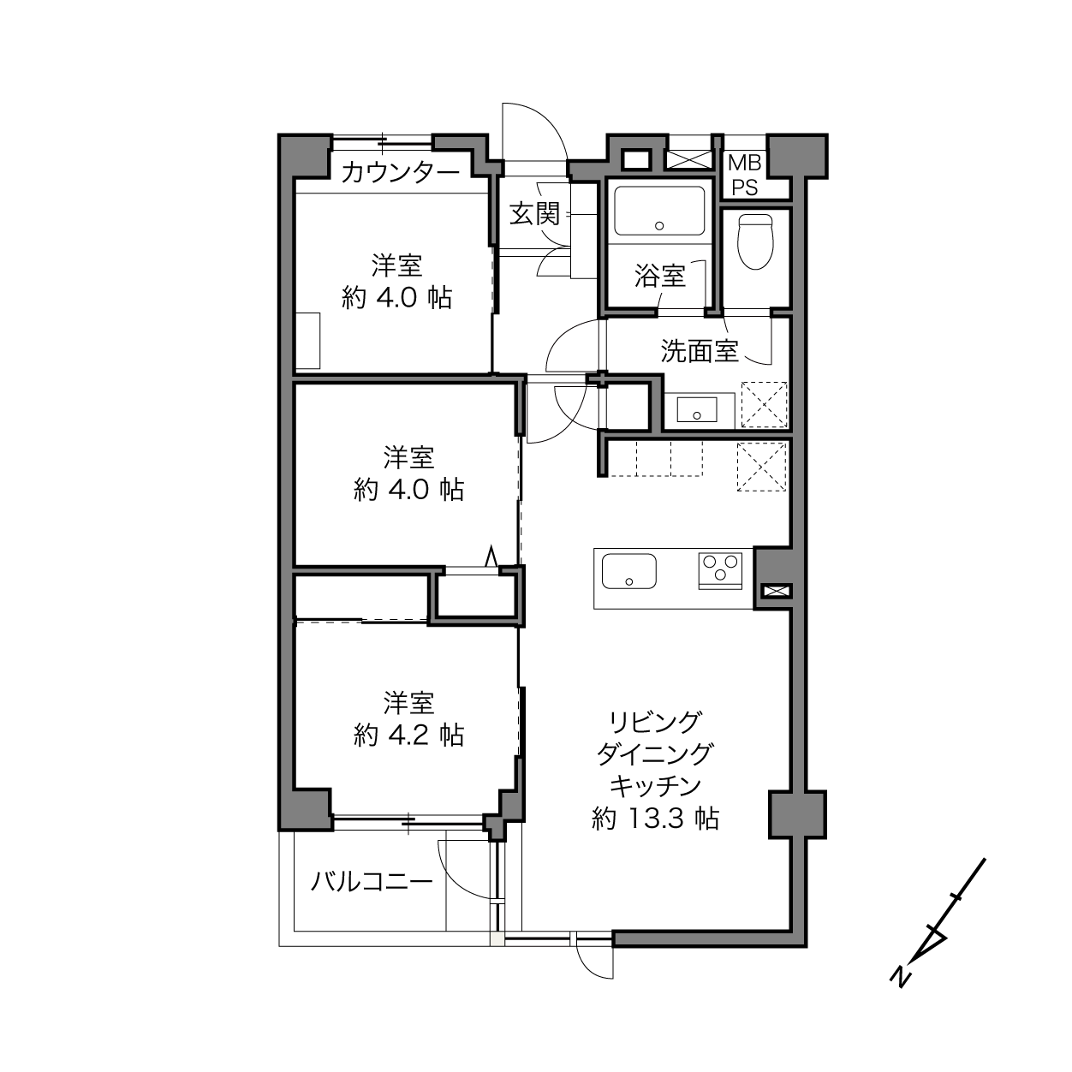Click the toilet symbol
pos(755,242)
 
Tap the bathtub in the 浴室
pos(659,211)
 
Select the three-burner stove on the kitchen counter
pos(720,570)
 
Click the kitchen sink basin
pos(629,571)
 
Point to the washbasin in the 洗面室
pos(696,410)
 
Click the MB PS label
pos(744,176)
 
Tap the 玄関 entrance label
pos(534,213)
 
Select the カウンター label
pos(401,172)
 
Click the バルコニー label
pos(372,882)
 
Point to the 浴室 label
pos(660,275)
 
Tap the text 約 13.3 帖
pos(655,819)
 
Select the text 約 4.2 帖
pos(408,736)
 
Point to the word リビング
pos(655,722)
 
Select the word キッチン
pos(655,786)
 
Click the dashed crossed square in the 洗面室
pos(765,404)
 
